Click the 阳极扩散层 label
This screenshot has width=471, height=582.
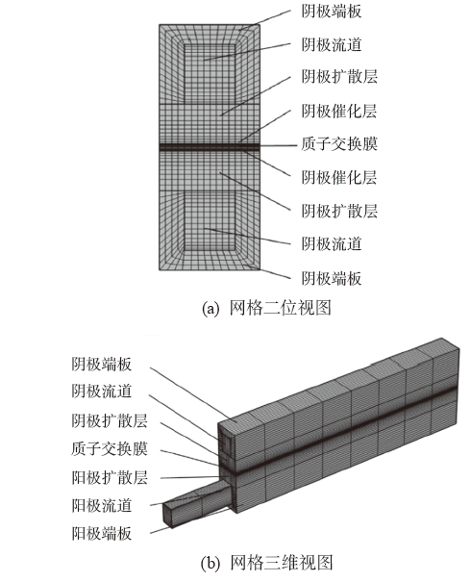[x=110, y=477]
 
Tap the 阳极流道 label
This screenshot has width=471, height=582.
[x=102, y=506]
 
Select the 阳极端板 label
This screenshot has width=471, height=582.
[x=102, y=534]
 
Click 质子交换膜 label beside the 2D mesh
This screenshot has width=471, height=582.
[x=339, y=143]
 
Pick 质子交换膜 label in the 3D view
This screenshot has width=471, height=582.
[x=110, y=448]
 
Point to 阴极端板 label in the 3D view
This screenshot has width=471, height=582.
[x=102, y=365]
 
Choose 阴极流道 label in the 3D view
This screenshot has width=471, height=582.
[x=102, y=392]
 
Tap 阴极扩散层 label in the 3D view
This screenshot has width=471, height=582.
[x=110, y=421]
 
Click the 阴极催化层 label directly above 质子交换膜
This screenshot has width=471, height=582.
[x=339, y=111]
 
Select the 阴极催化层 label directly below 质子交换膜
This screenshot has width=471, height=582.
[x=339, y=177]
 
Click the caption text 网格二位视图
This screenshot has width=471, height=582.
[x=280, y=308]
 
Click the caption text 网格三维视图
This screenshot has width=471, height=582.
[x=281, y=563]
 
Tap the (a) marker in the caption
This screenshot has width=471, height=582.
[x=211, y=309]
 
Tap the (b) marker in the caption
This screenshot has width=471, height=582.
[x=211, y=564]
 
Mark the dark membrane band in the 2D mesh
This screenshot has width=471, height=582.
[x=210, y=147]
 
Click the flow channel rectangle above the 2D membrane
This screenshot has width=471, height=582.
[x=210, y=73]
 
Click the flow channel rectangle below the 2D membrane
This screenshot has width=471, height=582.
[x=210, y=220]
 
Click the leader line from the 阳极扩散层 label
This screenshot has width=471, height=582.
[x=192, y=477]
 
